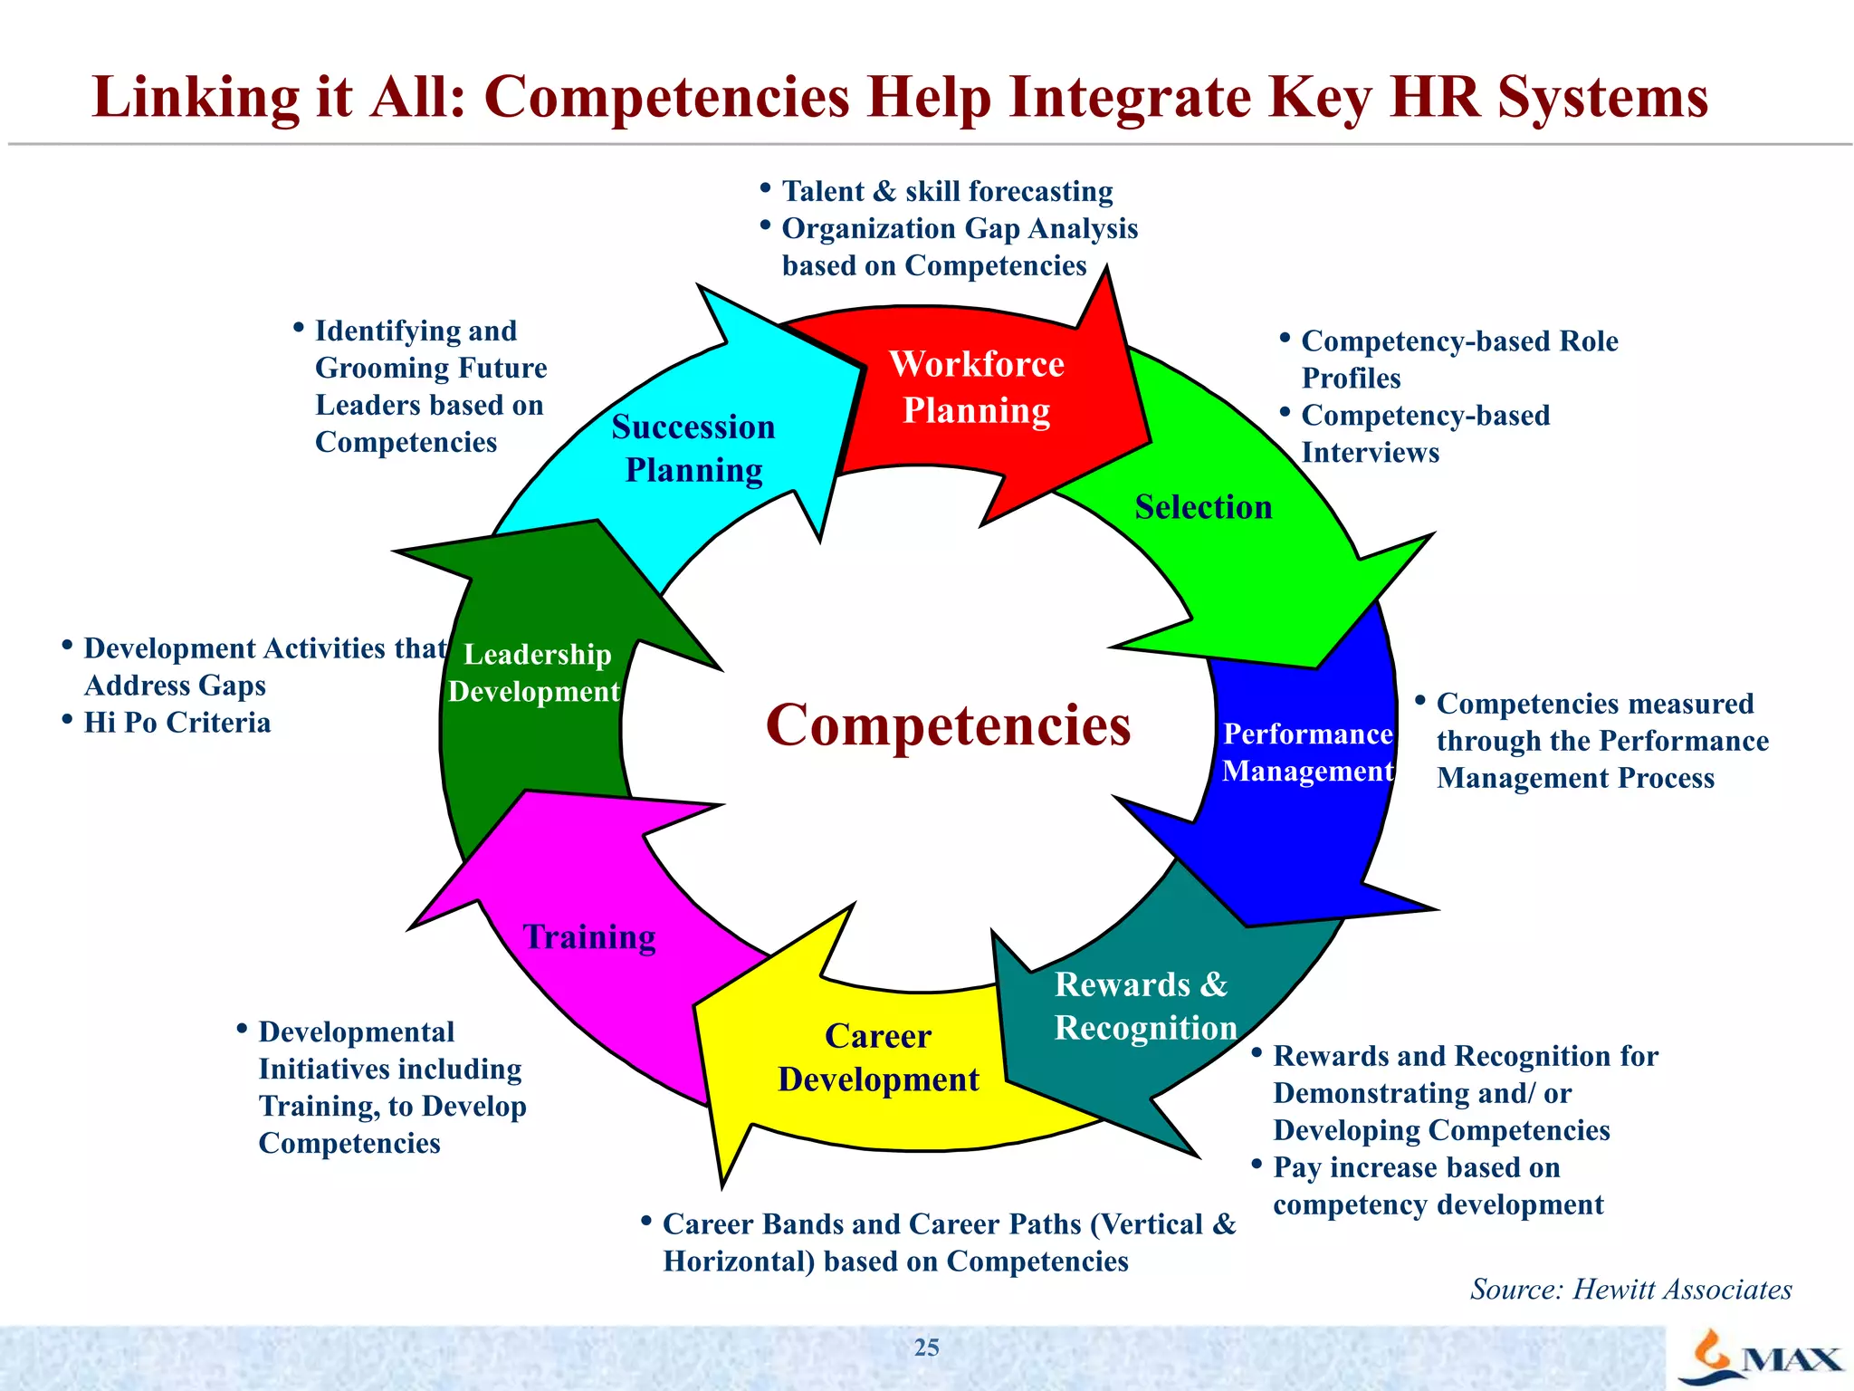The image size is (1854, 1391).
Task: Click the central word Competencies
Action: (x=948, y=725)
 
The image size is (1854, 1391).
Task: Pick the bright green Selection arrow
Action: (x=1204, y=507)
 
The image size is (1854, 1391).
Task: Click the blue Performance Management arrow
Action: (x=1307, y=752)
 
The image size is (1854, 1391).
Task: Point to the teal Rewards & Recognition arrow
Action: (x=1144, y=1006)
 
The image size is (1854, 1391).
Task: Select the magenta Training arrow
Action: (x=589, y=937)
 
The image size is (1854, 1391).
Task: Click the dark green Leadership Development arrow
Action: (x=536, y=673)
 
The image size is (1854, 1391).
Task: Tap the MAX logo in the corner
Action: (x=1761, y=1358)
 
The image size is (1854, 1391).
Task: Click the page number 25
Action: (x=926, y=1348)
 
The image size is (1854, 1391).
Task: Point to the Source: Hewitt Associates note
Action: (x=1630, y=1289)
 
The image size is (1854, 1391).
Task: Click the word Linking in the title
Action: (x=196, y=98)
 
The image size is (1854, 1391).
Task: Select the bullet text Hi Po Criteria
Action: (x=177, y=723)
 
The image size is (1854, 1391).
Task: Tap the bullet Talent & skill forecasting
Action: (x=947, y=192)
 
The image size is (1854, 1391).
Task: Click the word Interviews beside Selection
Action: (x=1370, y=453)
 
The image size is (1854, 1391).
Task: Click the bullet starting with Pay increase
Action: (x=1417, y=1168)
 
